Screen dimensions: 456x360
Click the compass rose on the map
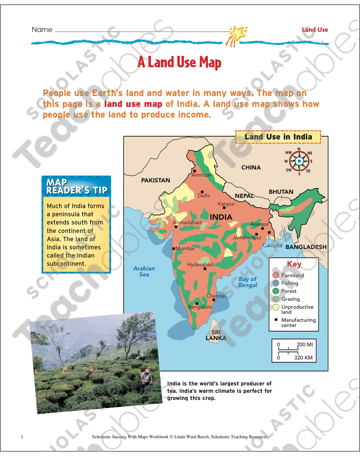pyautogui.click(x=299, y=161)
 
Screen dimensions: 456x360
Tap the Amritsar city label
pyautogui.click(x=201, y=175)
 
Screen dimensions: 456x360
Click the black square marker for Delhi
pyautogui.click(x=202, y=192)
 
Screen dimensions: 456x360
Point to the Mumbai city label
pyautogui.click(x=185, y=249)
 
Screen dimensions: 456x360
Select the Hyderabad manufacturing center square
pyautogui.click(x=205, y=269)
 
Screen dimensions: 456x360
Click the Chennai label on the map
pyautogui.click(x=216, y=296)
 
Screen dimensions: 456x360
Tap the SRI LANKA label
pyautogui.click(x=216, y=335)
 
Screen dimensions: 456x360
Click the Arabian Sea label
pyautogui.click(x=144, y=271)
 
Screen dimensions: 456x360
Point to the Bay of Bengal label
pyautogui.click(x=248, y=282)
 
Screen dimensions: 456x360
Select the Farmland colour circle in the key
pyautogui.click(x=276, y=275)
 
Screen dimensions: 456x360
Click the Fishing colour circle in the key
pyautogui.click(x=276, y=283)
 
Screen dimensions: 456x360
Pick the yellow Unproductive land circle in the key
pyautogui.click(x=276, y=307)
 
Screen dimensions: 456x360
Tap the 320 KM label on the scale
pyautogui.click(x=304, y=358)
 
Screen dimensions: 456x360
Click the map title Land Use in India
pyautogui.click(x=278, y=137)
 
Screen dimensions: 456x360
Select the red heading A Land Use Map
pyautogui.click(x=180, y=63)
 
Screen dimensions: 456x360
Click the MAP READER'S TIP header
pyautogui.click(x=76, y=187)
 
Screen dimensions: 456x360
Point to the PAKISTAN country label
pyautogui.click(x=155, y=180)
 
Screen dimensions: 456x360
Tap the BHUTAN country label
pyautogui.click(x=281, y=192)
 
